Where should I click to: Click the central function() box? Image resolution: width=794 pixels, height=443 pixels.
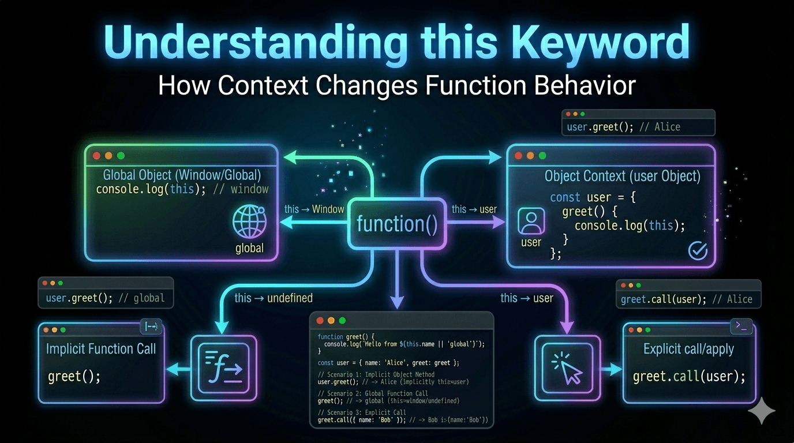pos(397,224)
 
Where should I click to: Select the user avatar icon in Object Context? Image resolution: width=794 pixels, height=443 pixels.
pos(531,221)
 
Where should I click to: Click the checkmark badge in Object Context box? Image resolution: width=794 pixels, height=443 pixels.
pos(698,250)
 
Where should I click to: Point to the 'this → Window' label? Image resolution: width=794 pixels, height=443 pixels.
pos(314,209)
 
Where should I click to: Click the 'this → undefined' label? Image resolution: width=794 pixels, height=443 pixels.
pos(274,298)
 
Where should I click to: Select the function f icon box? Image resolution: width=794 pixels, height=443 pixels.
pos(223,367)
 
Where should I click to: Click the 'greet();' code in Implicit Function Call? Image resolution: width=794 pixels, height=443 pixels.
pos(74,377)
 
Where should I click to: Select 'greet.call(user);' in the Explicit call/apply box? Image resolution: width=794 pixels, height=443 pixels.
pos(689,377)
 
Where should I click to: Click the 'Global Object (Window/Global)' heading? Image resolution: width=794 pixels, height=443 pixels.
pos(182,175)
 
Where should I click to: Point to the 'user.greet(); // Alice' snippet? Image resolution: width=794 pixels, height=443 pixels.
pos(624,126)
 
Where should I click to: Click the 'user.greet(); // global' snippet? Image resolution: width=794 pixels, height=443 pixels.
pos(106,298)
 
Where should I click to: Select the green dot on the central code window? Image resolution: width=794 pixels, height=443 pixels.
pos(342,320)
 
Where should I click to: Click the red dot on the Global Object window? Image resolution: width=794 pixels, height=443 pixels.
pos(96,156)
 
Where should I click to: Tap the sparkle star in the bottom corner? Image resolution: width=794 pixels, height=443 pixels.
pos(762,410)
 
